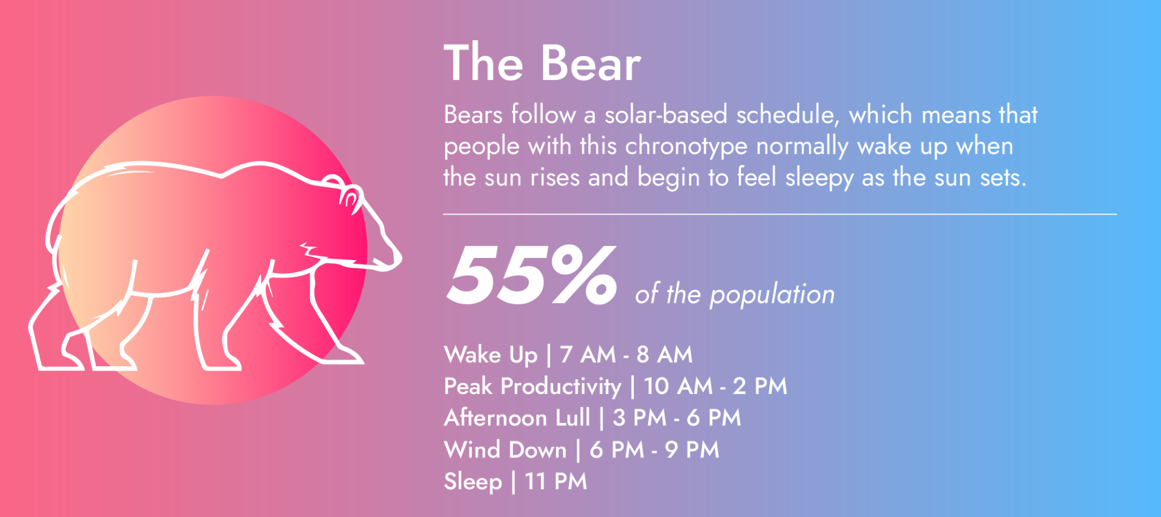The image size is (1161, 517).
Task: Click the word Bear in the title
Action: (591, 64)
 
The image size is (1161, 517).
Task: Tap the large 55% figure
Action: (531, 276)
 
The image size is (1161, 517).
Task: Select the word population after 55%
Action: (772, 295)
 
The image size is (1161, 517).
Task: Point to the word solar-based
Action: (666, 115)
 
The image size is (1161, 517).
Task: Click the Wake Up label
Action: (491, 355)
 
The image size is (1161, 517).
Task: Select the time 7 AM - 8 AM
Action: (626, 355)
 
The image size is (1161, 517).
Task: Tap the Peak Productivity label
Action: (532, 387)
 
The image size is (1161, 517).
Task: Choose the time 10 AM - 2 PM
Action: (715, 387)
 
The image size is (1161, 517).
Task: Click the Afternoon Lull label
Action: (517, 418)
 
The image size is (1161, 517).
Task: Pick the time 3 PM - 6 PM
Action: (677, 418)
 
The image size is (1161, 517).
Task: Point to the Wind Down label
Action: (505, 450)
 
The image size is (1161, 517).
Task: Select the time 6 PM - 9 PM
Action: (654, 450)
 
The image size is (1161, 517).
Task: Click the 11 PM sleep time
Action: (556, 482)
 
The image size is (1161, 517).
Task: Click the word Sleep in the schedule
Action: (473, 482)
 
